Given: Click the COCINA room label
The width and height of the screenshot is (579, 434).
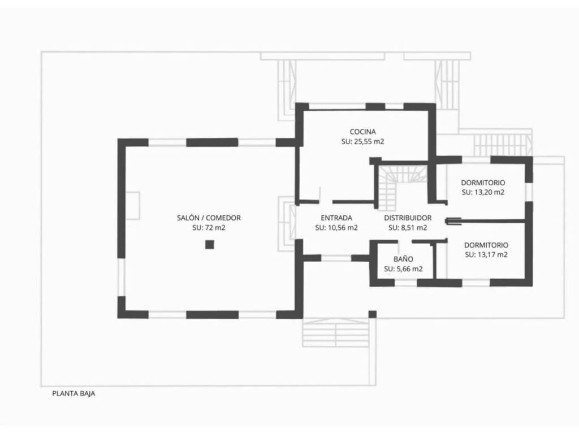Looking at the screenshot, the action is pos(362,132).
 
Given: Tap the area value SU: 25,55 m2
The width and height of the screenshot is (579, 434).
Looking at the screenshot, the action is pos(362,141).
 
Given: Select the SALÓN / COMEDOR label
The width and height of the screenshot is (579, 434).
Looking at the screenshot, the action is pos(209,218).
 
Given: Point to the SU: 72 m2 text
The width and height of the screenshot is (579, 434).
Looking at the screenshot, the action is pos(209,228).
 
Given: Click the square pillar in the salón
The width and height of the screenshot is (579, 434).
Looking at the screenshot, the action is pos(210,244).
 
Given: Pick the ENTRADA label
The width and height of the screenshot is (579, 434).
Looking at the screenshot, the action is pos(336,218).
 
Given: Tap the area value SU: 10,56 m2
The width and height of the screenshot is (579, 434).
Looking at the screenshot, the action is pos(336,228).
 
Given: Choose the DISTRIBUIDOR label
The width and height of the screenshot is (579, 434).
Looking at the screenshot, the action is pos(408,218).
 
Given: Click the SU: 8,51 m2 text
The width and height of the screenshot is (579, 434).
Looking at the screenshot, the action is pos(408,228).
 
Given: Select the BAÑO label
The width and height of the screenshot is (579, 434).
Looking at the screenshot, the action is pos(403,259).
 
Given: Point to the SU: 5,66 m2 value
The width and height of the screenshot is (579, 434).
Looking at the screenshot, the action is pos(403,269).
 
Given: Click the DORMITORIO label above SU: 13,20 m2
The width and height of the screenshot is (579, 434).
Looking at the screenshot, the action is pos(483,183).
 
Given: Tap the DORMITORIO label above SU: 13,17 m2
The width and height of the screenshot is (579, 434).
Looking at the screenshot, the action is pos(486,245).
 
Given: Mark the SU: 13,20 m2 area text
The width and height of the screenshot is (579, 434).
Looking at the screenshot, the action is pos(483,192).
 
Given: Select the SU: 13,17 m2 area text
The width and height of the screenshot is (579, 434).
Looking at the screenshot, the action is pos(486,255).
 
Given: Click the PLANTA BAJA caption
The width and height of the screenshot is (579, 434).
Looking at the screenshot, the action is pos(74,394).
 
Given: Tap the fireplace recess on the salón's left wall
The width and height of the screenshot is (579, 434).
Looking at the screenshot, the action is pos(132,206).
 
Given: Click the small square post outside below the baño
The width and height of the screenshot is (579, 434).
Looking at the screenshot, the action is pos(373,314).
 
